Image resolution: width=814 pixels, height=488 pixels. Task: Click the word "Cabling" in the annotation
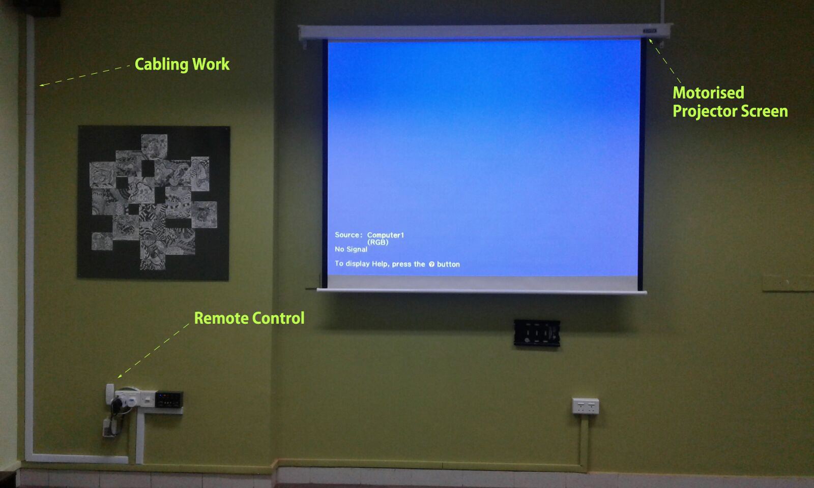point(161,65)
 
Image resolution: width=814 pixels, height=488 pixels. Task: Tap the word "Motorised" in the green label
point(708,93)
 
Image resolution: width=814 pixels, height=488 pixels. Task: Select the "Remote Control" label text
point(249,318)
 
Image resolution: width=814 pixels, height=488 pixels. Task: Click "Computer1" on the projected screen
point(386,235)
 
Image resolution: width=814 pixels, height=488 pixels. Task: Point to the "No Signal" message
point(351,249)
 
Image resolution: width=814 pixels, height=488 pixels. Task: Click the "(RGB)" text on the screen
point(378,242)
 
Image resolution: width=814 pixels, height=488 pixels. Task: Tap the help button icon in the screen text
point(431,264)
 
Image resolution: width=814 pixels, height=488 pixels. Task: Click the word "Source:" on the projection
point(348,235)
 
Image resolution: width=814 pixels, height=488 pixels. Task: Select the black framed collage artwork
point(153,203)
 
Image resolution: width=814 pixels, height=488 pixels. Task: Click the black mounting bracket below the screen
point(537,332)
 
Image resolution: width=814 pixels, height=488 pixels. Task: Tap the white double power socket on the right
point(586,406)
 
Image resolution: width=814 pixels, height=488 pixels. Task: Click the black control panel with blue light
point(169,400)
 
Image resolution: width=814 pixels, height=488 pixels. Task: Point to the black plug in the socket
point(117,405)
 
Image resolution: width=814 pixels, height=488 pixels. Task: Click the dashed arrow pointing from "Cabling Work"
point(84,76)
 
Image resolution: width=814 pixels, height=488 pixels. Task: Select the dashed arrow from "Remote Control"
point(154,351)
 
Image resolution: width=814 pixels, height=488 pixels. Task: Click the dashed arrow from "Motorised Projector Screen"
point(664,61)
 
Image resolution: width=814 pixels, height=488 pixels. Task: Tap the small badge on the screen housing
point(650,31)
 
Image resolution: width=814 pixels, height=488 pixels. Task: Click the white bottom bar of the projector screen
point(481,291)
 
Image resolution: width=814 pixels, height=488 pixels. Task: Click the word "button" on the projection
point(448,264)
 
